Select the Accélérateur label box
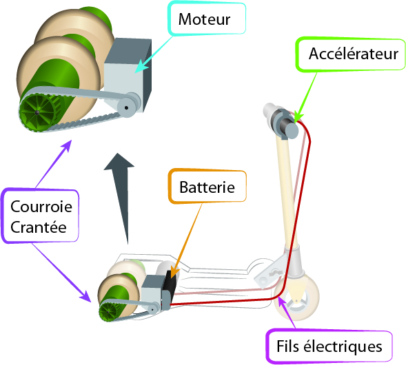(x=351, y=54)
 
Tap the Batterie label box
(x=207, y=186)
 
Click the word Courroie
(x=41, y=207)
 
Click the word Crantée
(x=39, y=227)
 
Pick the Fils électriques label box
(x=329, y=346)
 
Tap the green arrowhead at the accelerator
(x=298, y=117)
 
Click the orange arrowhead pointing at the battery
(x=174, y=272)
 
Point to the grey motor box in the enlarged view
(x=128, y=75)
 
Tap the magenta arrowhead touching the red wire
(x=281, y=302)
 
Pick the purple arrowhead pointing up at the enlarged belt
(x=67, y=145)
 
